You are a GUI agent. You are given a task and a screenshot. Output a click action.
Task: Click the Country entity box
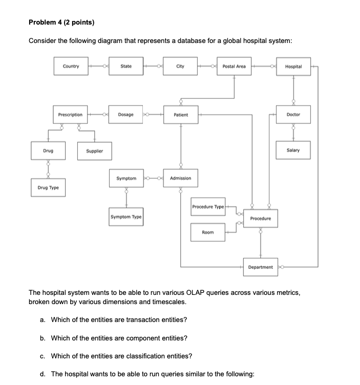coord(71,66)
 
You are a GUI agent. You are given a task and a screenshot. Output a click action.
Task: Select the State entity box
coord(126,66)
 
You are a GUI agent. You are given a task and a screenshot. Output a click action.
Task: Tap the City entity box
coord(180,66)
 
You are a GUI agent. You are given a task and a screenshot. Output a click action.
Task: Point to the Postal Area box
coord(234,66)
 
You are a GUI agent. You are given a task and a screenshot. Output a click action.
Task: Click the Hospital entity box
coord(293,67)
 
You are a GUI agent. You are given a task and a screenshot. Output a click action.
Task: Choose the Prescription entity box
coord(70,115)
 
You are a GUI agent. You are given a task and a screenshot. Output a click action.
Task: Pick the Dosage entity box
coord(126,115)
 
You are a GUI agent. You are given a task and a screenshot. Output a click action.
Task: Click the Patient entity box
coord(180,115)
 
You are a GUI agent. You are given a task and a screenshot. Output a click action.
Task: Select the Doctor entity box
coord(293,115)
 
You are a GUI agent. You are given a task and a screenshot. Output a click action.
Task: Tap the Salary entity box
coord(293,151)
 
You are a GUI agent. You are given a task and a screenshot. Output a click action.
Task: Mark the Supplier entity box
coord(94,151)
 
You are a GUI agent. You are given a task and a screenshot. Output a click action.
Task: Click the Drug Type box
coord(48,187)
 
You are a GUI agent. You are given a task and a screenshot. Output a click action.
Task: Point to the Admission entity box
coord(180,178)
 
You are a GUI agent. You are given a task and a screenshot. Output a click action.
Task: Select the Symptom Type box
coord(126,217)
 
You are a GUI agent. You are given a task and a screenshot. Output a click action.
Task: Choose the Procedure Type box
coord(208,207)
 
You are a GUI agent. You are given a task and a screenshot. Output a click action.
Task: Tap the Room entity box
coord(208,232)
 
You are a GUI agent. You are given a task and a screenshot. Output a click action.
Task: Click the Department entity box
coord(260,267)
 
